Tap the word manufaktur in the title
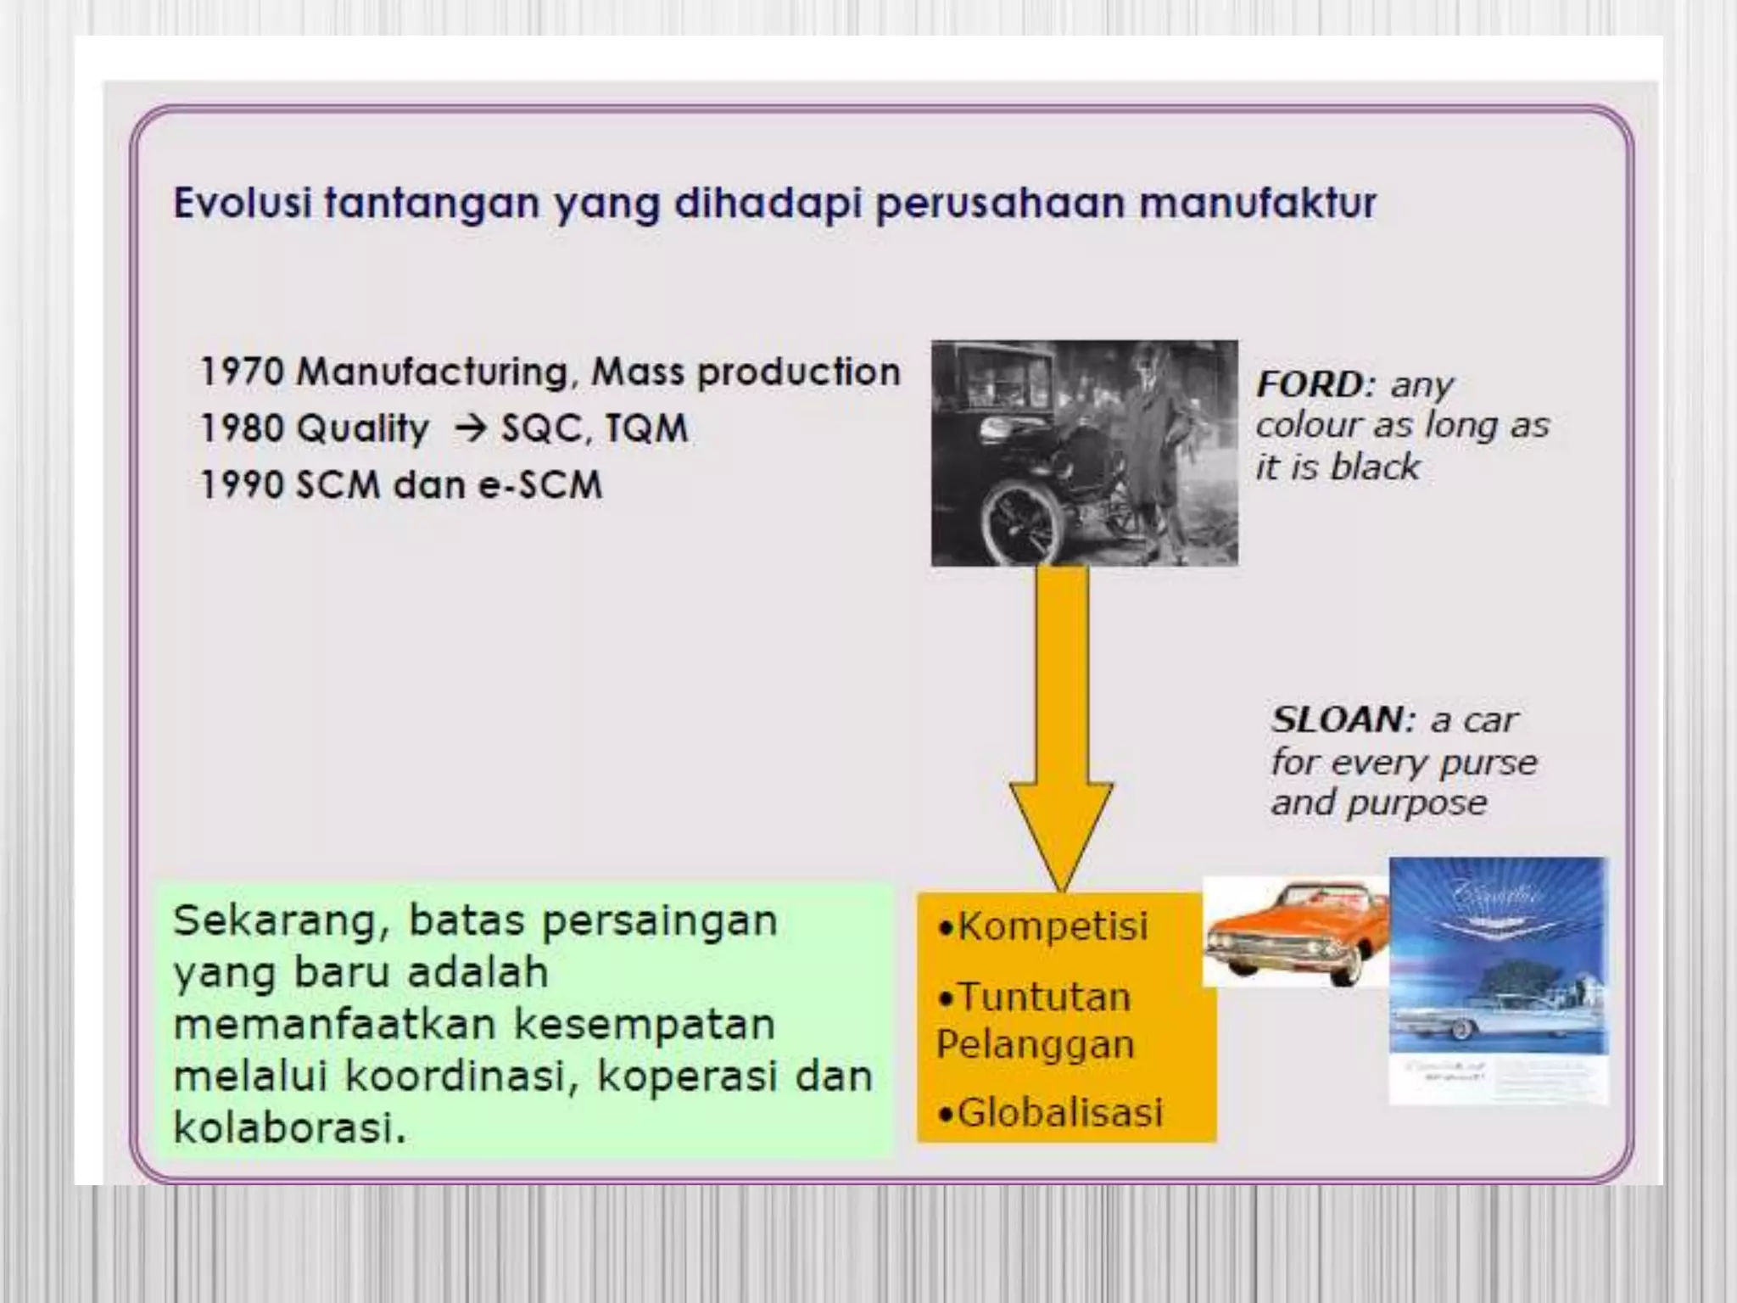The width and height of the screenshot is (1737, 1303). (1256, 204)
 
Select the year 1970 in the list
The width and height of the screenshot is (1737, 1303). (242, 372)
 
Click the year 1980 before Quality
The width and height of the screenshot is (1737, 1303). (242, 428)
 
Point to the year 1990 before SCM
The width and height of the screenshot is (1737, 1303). (242, 485)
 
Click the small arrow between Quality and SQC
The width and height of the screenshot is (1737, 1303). (471, 428)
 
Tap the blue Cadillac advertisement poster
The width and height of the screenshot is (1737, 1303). (1498, 980)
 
